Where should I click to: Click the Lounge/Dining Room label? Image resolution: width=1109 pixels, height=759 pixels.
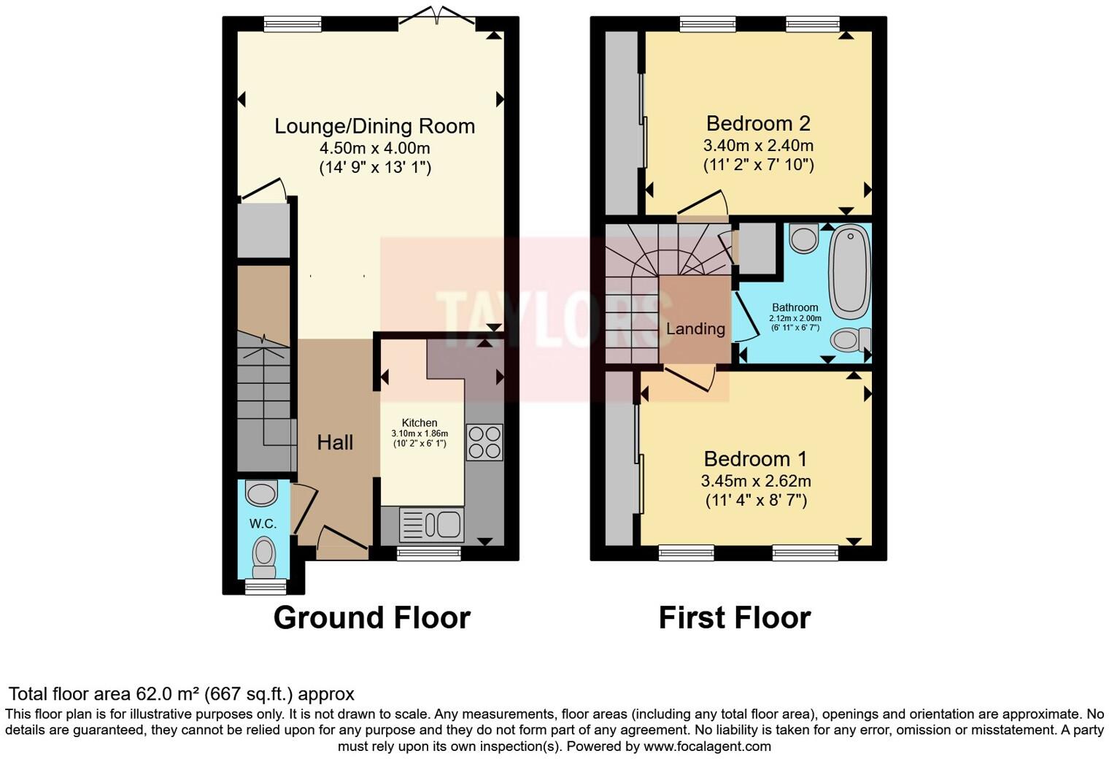374,126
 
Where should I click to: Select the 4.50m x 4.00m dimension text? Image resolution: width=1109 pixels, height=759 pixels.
374,148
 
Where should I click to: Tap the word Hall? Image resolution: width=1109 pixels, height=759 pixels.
335,442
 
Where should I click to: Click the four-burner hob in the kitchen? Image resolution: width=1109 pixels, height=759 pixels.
484,442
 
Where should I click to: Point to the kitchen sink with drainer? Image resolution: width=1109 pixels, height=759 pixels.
431,525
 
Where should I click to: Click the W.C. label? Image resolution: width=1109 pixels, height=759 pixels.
263,523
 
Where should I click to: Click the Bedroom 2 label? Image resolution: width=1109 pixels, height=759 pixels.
758,123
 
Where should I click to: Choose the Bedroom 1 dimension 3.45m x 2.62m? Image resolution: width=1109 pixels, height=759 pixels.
756,482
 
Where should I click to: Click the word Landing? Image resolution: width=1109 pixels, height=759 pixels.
695,329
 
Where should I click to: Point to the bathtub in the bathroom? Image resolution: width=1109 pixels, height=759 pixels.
850,271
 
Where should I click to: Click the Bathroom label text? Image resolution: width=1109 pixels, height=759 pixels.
795,308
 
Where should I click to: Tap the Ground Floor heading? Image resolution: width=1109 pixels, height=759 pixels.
371,617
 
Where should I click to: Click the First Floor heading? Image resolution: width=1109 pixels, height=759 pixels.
734,617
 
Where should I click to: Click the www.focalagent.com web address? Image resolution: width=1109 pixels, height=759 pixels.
706,747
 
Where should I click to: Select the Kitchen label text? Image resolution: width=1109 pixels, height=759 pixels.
420,423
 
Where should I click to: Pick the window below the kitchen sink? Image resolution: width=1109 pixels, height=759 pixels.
429,554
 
